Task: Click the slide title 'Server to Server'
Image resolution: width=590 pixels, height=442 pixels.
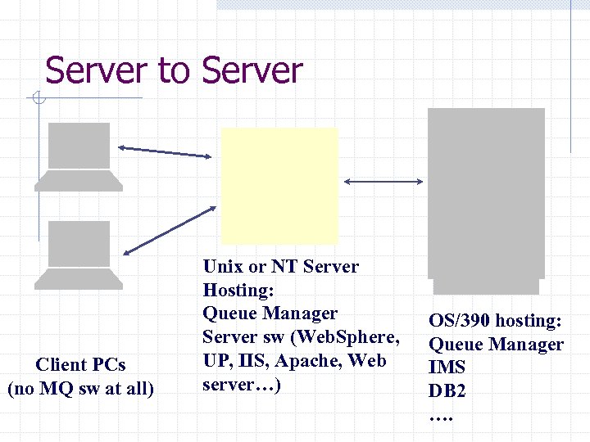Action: (x=174, y=70)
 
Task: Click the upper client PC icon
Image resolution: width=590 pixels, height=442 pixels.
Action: (x=79, y=156)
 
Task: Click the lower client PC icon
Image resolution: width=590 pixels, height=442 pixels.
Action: (x=79, y=255)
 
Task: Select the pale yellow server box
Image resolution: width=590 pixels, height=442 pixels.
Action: (x=279, y=185)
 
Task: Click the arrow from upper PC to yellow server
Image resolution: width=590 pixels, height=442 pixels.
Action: (x=169, y=151)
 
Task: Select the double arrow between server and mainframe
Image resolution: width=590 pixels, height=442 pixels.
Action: (x=382, y=181)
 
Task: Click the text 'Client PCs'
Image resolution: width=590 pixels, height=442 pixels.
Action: (x=80, y=365)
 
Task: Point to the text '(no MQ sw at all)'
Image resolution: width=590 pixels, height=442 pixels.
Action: (x=80, y=388)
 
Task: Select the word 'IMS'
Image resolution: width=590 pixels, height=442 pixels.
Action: (x=447, y=368)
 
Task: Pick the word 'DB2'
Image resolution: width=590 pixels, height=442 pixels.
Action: (x=447, y=391)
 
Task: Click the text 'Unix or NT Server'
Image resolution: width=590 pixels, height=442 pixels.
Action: (x=280, y=266)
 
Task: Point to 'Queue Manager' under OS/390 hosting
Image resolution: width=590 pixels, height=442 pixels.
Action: (x=497, y=345)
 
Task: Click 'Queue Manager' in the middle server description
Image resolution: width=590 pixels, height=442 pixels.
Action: (x=270, y=313)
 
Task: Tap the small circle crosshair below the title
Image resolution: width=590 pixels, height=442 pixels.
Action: (x=38, y=100)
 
